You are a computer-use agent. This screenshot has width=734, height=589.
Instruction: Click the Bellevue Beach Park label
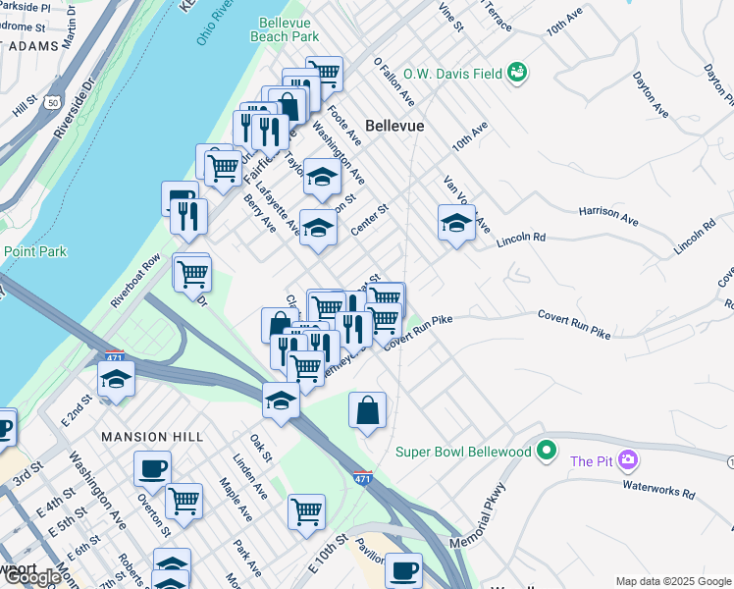pos(288,28)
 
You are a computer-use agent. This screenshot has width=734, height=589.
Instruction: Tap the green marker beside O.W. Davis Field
pos(517,72)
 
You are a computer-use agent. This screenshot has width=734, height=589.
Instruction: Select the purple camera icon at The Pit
pos(629,459)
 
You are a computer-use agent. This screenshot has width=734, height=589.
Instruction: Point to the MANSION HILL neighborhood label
pos(151,436)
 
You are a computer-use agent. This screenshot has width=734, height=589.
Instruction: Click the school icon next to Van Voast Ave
pos(456,223)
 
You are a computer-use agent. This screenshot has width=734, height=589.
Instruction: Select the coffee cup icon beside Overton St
pos(152,468)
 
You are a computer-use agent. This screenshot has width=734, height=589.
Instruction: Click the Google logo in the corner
pos(32,577)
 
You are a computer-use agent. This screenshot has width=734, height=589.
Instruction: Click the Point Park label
pos(34,251)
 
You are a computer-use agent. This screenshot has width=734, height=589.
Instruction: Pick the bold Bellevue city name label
pos(394,126)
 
